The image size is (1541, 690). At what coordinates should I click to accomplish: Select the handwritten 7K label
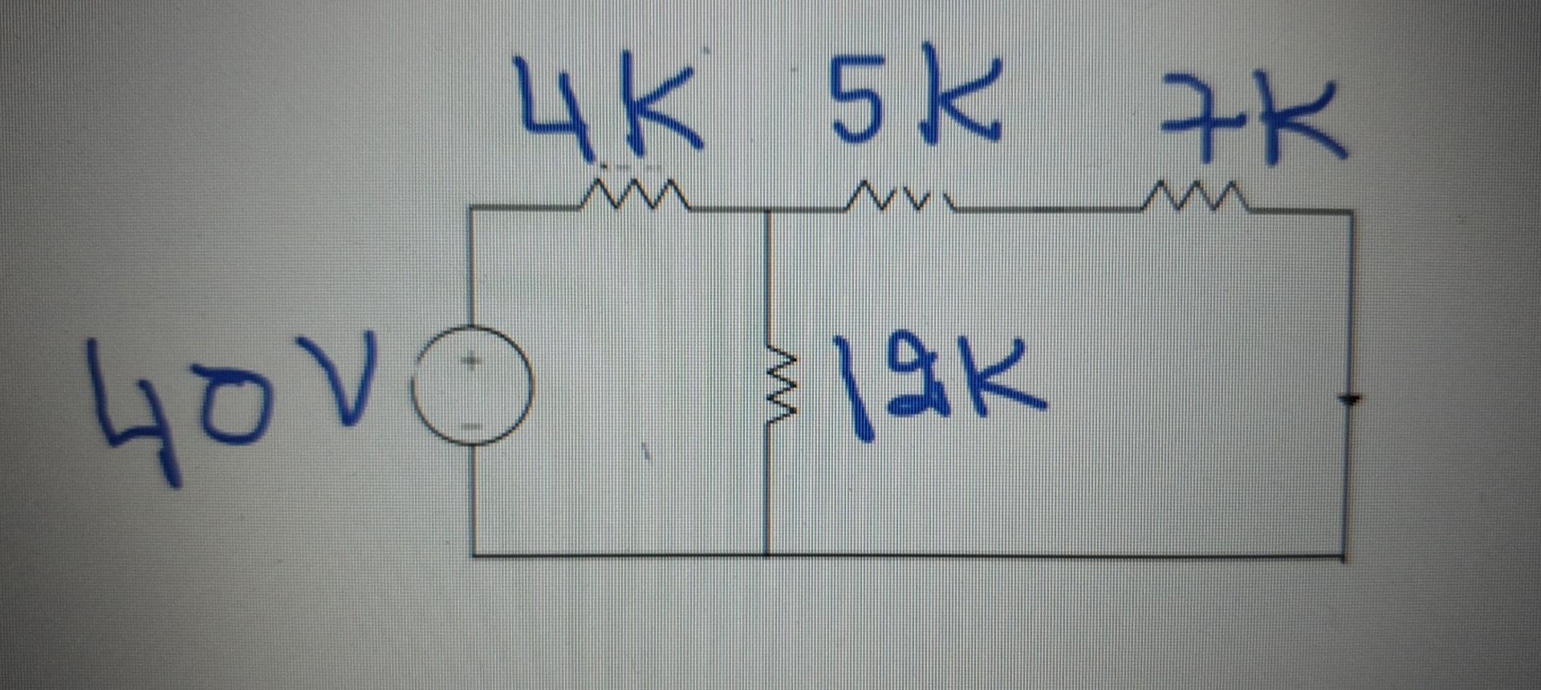point(1252,116)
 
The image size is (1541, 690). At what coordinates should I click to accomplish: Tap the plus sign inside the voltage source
point(473,361)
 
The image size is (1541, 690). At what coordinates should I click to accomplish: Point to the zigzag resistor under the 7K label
point(1194,197)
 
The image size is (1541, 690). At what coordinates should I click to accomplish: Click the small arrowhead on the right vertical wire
point(1350,399)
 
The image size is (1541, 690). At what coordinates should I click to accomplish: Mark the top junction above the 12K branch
point(768,210)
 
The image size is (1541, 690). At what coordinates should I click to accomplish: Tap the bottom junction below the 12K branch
point(768,554)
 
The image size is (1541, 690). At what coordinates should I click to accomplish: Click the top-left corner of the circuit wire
point(472,209)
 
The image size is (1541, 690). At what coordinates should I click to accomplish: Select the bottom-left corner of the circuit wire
point(474,554)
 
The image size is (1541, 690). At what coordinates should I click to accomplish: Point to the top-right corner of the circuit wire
point(1352,213)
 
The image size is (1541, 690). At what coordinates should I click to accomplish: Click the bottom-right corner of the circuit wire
point(1345,555)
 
